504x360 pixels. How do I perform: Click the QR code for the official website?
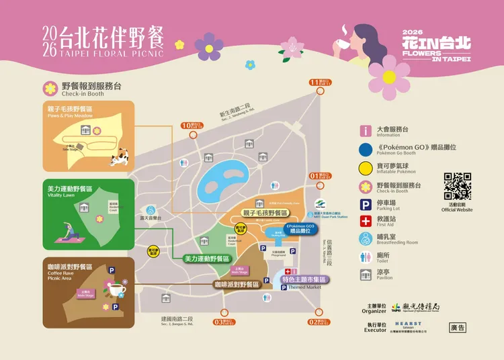point(457,186)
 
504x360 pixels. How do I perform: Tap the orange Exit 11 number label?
point(315,83)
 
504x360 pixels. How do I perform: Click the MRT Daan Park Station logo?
point(321,204)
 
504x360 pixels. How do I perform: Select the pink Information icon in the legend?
point(366,131)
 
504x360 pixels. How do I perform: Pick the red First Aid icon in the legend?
point(366,221)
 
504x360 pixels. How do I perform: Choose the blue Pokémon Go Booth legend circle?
point(366,150)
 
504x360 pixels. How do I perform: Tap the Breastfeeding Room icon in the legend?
point(366,238)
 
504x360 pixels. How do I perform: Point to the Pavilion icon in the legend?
point(366,274)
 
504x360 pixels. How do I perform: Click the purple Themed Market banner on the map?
point(304,279)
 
